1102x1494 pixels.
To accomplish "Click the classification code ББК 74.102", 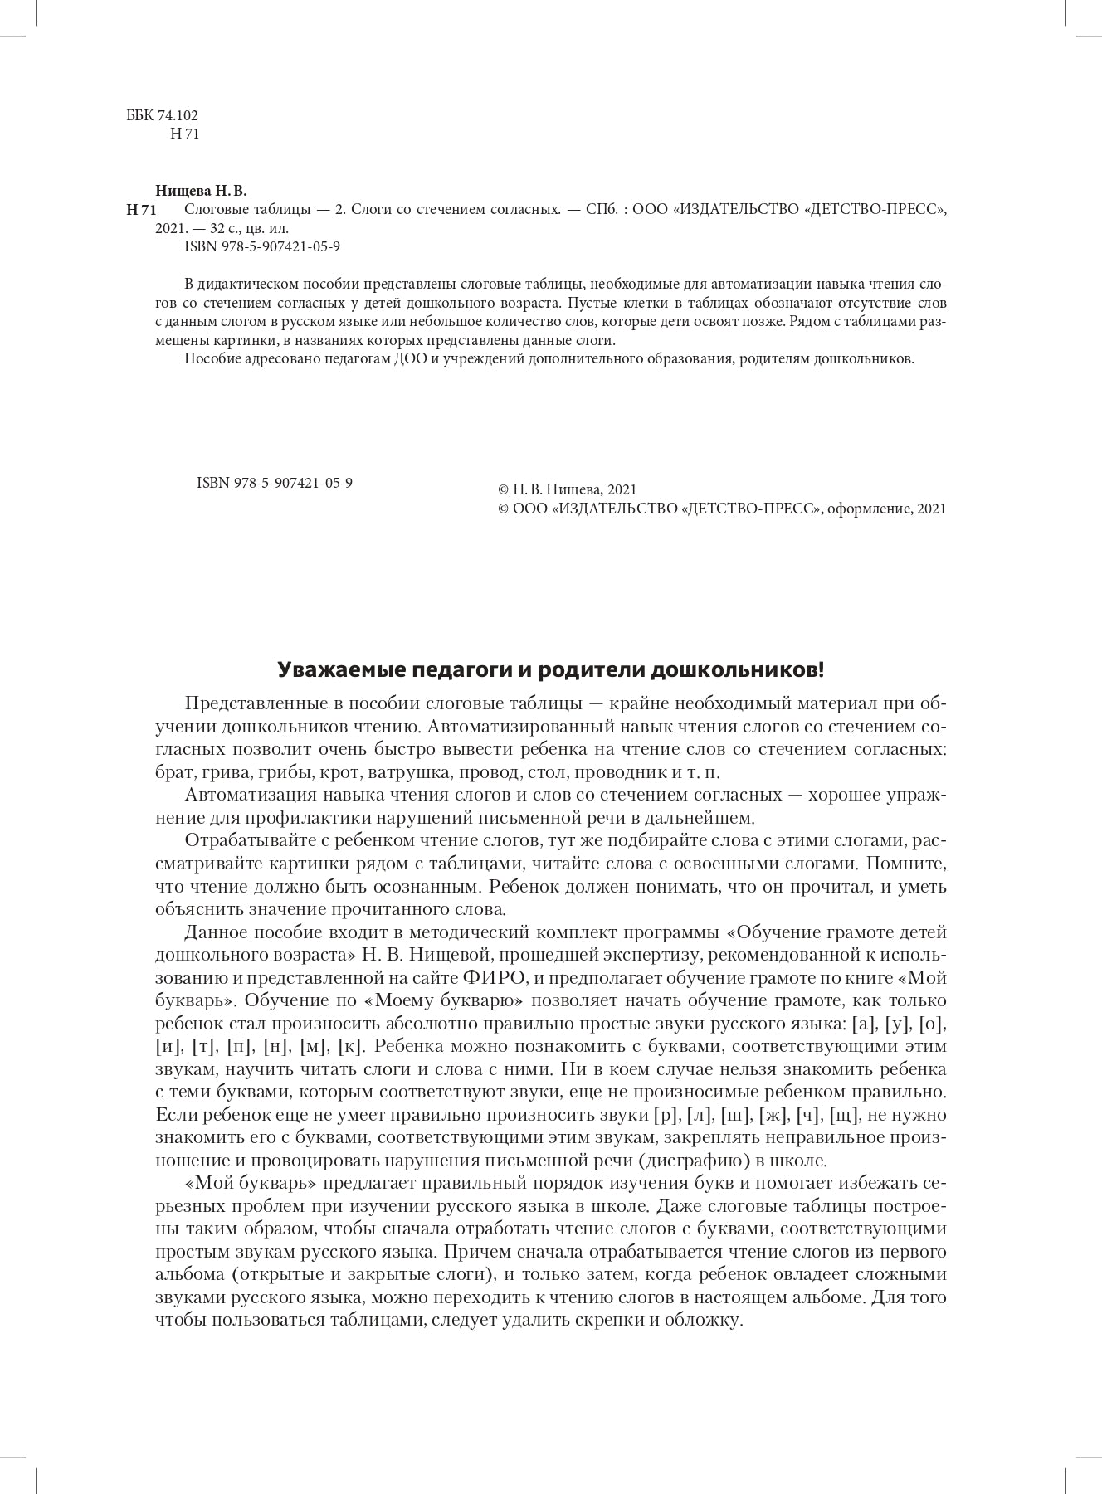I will click(x=162, y=116).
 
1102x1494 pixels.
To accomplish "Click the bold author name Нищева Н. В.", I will click(x=201, y=191).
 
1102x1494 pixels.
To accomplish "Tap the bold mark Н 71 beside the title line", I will click(x=141, y=210).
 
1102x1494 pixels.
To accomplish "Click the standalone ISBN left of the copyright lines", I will click(x=274, y=482).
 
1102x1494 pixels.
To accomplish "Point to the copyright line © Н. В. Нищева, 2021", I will click(x=566, y=490).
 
